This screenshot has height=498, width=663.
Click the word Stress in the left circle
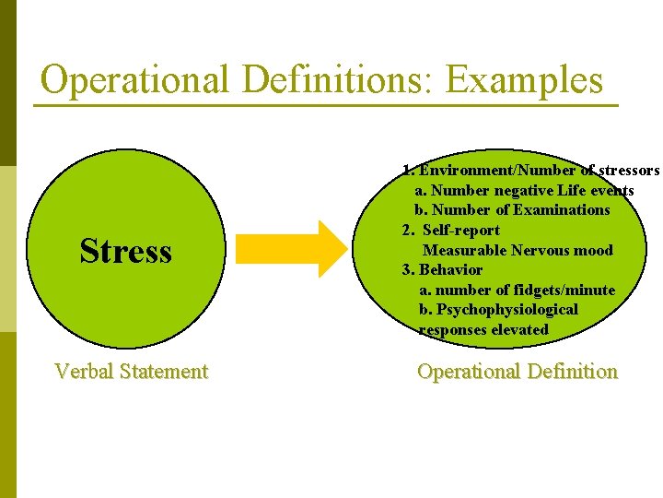tap(125, 251)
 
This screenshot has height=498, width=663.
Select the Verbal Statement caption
tap(131, 372)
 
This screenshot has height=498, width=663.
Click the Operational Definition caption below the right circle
tap(517, 372)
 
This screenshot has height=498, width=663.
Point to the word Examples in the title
tap(524, 80)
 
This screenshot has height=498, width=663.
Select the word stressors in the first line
tap(628, 171)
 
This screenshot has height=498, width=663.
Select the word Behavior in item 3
tap(450, 270)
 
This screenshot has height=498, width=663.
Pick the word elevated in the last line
tap(520, 330)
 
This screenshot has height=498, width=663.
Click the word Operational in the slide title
tap(134, 80)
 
